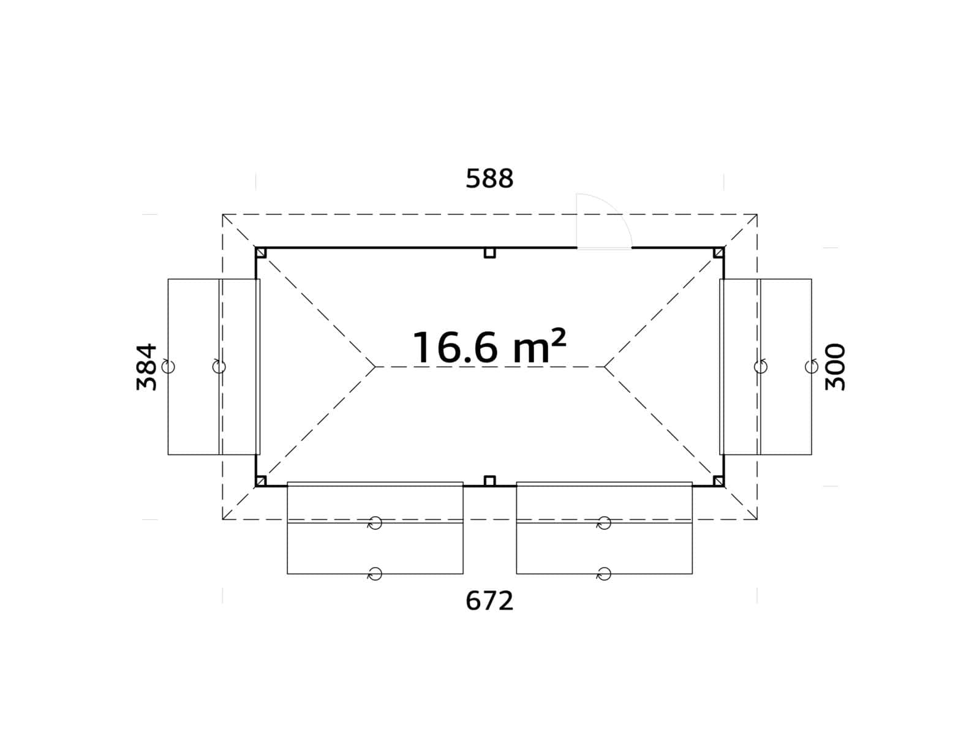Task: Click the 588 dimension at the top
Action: (x=489, y=179)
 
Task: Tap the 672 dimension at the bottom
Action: (x=489, y=601)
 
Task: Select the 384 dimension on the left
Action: (x=147, y=367)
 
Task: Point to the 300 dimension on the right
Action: (x=835, y=367)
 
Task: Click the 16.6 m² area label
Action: (x=489, y=348)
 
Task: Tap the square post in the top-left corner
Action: (x=261, y=253)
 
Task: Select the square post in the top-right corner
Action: (x=718, y=253)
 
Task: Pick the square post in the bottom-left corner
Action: (x=261, y=481)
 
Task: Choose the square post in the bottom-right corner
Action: (x=718, y=481)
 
